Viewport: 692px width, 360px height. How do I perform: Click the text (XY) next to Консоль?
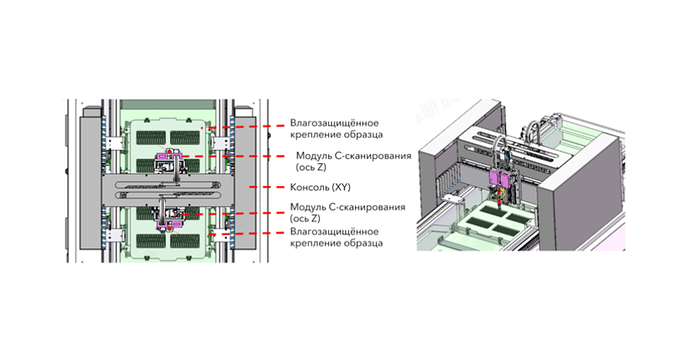click(341, 188)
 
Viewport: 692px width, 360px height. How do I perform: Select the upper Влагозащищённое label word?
click(334, 123)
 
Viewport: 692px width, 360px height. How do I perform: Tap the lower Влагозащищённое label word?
click(334, 232)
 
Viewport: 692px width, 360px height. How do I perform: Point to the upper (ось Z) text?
click(311, 168)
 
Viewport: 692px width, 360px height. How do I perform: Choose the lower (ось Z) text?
click(305, 218)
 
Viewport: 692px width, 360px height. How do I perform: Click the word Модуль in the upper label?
click(311, 156)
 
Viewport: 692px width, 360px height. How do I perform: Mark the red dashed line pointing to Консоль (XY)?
click(267, 188)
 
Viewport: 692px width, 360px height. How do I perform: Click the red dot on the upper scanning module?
click(169, 152)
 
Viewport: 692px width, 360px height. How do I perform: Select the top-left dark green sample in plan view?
click(151, 138)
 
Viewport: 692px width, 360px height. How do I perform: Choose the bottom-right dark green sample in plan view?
click(185, 241)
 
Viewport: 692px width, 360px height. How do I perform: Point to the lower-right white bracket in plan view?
click(220, 235)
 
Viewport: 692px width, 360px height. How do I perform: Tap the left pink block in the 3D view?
click(495, 178)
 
